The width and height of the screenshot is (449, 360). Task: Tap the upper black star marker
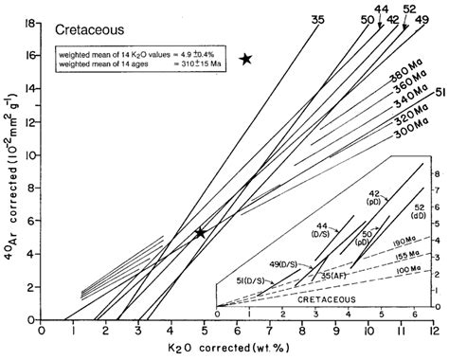click(x=246, y=59)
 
